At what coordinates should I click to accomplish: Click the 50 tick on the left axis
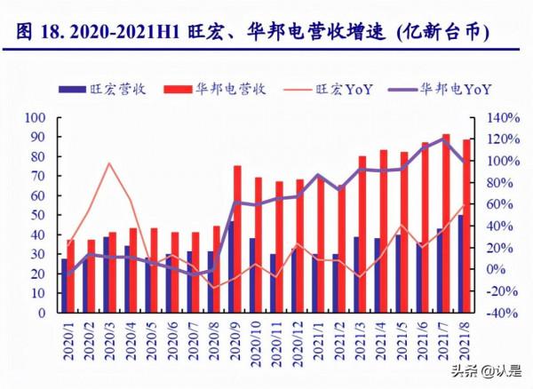coord(40,215)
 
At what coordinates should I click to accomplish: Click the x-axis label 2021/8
coord(462,343)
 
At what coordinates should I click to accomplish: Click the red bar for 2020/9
coord(237,240)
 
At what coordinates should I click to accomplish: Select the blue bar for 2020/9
coord(230,267)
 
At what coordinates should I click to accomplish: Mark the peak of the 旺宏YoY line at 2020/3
coord(108,163)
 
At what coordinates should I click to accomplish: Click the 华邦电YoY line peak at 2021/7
coord(443,138)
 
